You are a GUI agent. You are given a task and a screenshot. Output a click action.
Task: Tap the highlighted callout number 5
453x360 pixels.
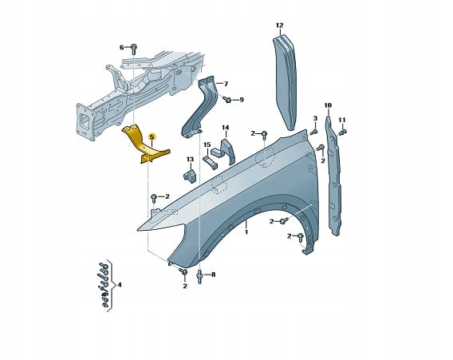[152, 136]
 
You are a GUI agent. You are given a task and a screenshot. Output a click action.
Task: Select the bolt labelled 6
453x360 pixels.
[133, 49]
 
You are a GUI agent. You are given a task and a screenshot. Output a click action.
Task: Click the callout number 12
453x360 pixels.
[279, 26]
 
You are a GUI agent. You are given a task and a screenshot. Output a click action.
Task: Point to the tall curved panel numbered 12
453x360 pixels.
[286, 82]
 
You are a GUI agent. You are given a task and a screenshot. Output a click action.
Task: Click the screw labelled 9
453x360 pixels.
[226, 99]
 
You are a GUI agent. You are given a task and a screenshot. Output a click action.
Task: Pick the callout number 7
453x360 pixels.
[226, 84]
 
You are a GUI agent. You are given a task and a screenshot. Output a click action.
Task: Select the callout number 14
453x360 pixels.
[226, 128]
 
